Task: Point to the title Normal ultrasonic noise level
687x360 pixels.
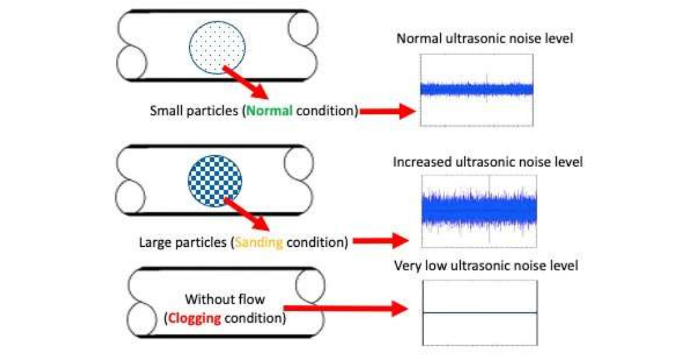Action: [x=485, y=39]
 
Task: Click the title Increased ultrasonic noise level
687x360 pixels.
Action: [x=487, y=162]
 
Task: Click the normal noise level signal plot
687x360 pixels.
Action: [x=477, y=90]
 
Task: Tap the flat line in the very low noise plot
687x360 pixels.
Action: [x=480, y=313]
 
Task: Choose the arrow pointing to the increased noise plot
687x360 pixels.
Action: [x=381, y=242]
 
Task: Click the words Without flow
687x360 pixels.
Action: [x=225, y=300]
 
